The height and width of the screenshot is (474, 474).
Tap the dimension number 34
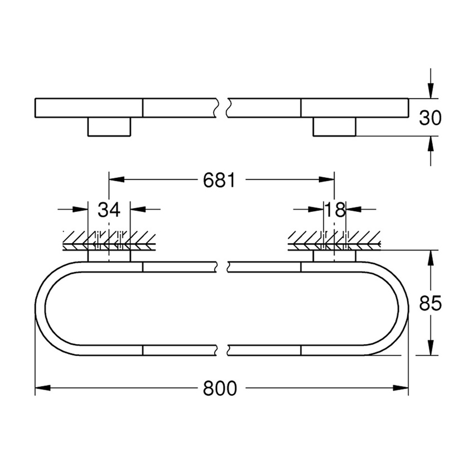(109, 210)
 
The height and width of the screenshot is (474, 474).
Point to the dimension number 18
(335, 210)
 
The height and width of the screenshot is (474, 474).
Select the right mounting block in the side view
(333, 128)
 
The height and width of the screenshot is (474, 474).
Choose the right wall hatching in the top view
(333, 241)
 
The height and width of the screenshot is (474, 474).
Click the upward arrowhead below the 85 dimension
(430, 349)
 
